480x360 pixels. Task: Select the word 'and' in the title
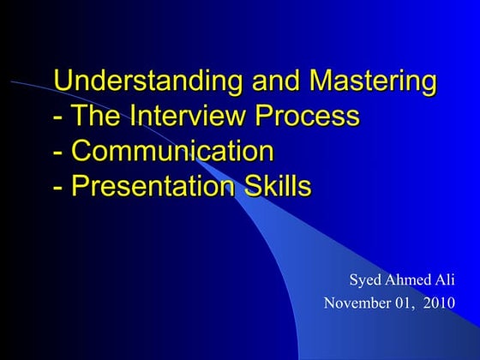pyautogui.click(x=272, y=82)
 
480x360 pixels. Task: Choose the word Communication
pyautogui.click(x=172, y=151)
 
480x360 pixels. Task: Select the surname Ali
pyautogui.click(x=445, y=280)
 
